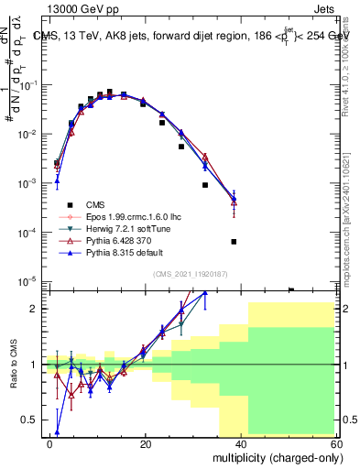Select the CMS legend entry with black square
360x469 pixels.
(96, 204)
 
